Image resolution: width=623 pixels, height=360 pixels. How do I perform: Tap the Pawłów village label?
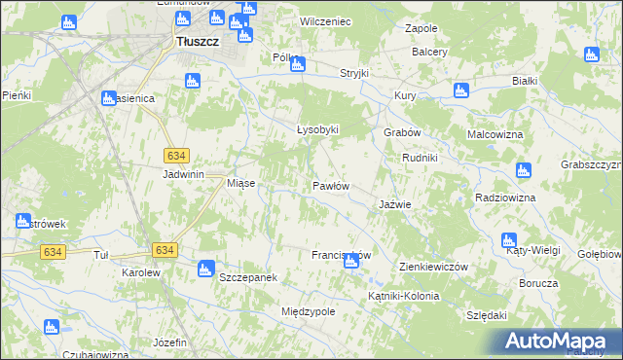[x=330, y=185]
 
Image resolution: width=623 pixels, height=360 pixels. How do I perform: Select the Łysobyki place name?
[x=316, y=129]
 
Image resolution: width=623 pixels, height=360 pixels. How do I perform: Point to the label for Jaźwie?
[x=394, y=205]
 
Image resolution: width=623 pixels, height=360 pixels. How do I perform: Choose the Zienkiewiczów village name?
[x=434, y=267]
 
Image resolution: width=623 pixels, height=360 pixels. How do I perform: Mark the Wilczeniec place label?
[x=325, y=20]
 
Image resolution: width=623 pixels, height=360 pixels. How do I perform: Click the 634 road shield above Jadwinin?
[x=176, y=156]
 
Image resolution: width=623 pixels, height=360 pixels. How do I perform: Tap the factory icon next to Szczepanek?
[x=205, y=269]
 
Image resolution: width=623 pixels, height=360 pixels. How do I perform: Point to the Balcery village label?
[x=429, y=52]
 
